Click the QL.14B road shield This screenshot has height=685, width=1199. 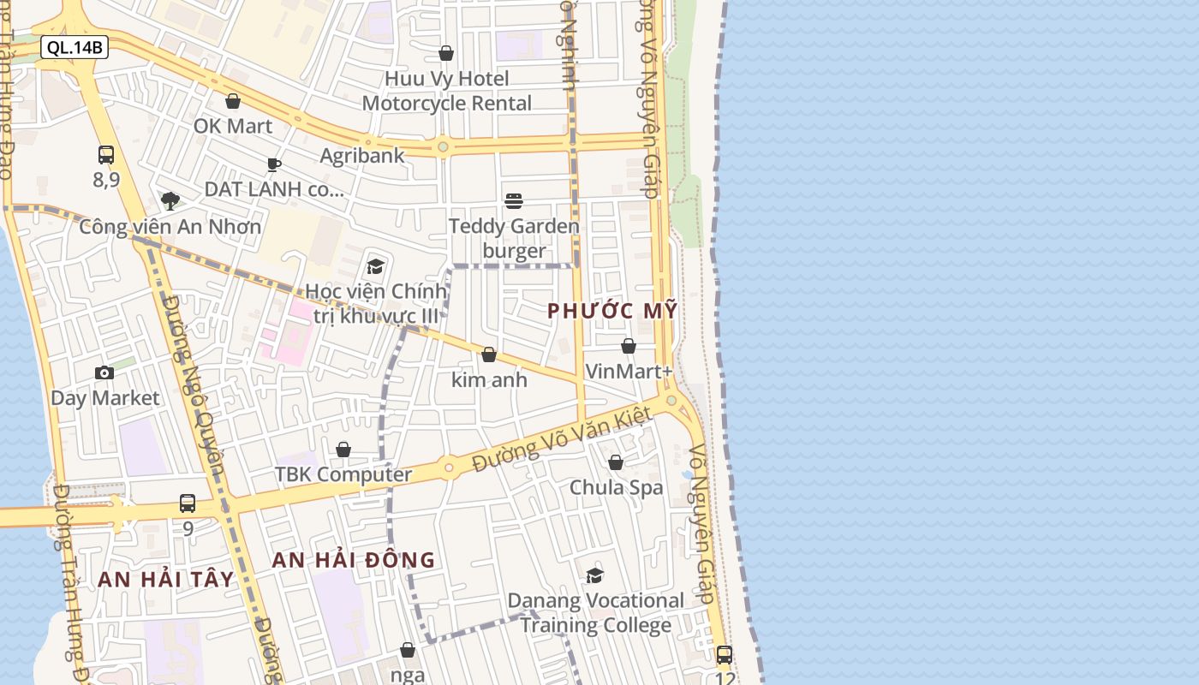point(75,47)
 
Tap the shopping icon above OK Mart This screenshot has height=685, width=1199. point(232,101)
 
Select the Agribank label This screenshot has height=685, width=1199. point(361,156)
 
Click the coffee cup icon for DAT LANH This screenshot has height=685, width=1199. point(273,164)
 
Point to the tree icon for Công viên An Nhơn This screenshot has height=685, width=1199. point(170,201)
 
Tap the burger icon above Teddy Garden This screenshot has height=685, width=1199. point(514,201)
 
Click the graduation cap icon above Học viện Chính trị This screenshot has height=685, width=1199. point(375,266)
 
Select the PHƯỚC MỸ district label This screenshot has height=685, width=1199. point(612,311)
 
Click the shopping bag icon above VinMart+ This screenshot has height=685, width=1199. point(629,346)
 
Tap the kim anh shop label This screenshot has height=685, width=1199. point(489,379)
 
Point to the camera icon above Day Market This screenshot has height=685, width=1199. point(104,372)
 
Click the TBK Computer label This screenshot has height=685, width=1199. point(343,474)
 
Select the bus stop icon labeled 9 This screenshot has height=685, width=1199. point(188,503)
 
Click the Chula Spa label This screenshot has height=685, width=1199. point(617,487)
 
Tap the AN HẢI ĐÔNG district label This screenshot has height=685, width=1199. point(354,560)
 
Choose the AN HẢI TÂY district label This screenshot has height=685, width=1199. point(165,580)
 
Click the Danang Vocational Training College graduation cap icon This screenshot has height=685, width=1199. point(594,575)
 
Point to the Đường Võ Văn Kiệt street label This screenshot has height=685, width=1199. point(563,440)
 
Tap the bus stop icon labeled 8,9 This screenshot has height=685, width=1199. point(106,155)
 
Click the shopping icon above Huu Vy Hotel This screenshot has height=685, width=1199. point(445,53)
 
